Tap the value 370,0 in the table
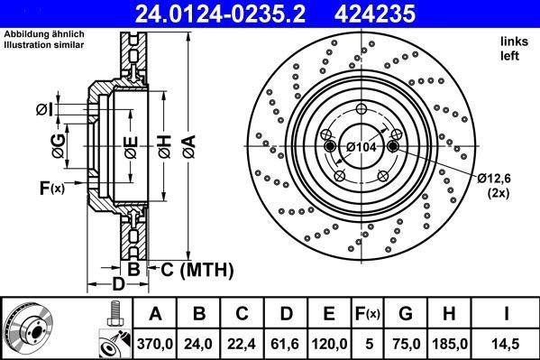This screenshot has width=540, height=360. click(x=156, y=342)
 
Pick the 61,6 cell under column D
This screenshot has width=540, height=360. click(x=286, y=342)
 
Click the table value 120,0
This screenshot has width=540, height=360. click(x=329, y=342)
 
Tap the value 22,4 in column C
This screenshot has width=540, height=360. click(x=243, y=342)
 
